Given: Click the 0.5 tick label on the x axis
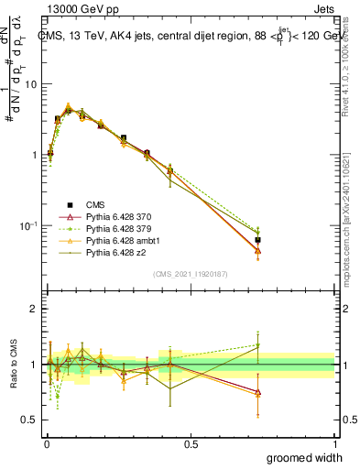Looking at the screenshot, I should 191,443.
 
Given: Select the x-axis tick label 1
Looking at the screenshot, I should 334,443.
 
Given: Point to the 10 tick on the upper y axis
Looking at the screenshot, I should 32,84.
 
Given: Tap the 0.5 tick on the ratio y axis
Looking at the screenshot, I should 32,420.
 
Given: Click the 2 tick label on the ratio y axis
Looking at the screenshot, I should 35,309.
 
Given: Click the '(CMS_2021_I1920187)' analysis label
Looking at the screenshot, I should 189,275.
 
